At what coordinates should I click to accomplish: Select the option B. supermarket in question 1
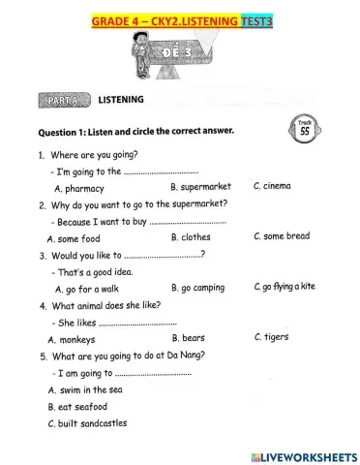coord(200,187)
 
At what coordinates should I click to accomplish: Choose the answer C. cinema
coord(271,185)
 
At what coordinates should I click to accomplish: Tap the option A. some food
coord(74,238)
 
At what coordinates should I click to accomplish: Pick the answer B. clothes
coord(191,237)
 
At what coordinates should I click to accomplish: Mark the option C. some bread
coord(282,236)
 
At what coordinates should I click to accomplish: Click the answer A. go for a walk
coord(87,289)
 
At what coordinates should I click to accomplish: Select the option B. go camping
coord(197,288)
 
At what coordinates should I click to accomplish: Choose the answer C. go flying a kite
coord(285,287)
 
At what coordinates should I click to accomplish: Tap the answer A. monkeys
coord(71,340)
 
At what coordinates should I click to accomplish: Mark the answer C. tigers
coord(271,337)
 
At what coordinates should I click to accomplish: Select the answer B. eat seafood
coord(77,407)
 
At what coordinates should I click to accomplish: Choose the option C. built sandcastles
coord(87,424)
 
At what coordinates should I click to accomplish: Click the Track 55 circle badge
coord(304,127)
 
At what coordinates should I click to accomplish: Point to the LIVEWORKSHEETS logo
coord(303,455)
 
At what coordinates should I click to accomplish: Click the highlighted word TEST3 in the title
coord(254,18)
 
